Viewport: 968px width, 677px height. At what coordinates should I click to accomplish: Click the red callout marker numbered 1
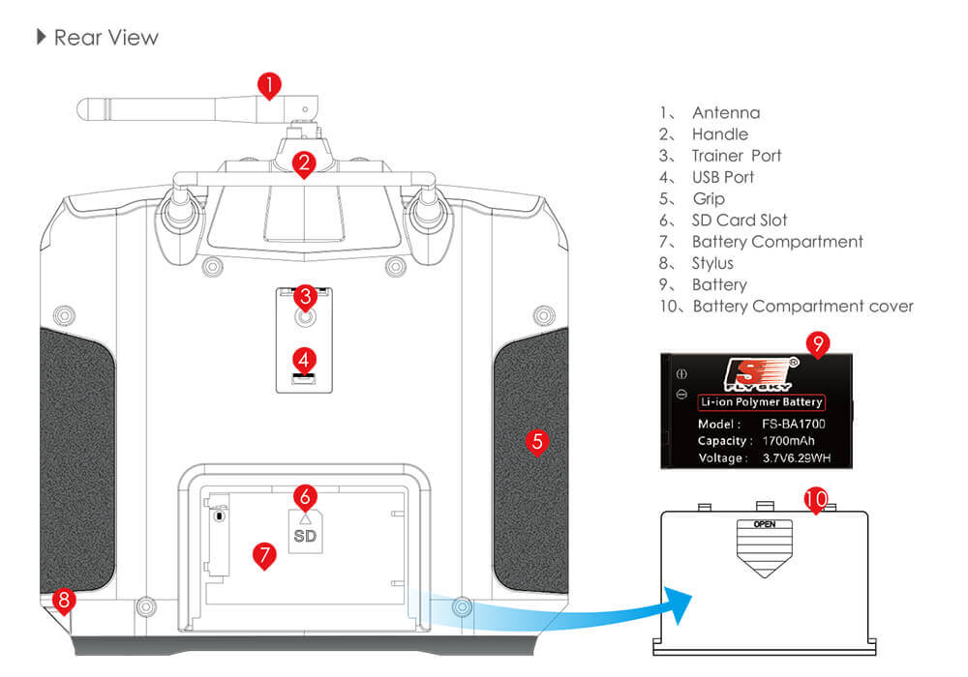coord(270,84)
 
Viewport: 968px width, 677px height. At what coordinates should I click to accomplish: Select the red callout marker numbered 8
coord(64,601)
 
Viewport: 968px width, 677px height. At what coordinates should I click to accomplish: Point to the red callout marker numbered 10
coord(816,499)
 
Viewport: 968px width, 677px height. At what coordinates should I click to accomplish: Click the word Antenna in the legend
coord(725,113)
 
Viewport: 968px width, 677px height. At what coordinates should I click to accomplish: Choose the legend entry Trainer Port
coord(736,156)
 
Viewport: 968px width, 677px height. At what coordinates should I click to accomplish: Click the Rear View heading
coord(106,38)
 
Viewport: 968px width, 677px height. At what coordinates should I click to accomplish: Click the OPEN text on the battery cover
coord(764,524)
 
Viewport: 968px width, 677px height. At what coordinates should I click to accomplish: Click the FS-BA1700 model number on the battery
coord(794,424)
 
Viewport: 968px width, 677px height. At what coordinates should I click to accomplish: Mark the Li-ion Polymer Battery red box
coord(762,402)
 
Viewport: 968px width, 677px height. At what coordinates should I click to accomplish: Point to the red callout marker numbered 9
coord(818,343)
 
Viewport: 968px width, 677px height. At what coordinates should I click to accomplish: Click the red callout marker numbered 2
coord(304,163)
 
